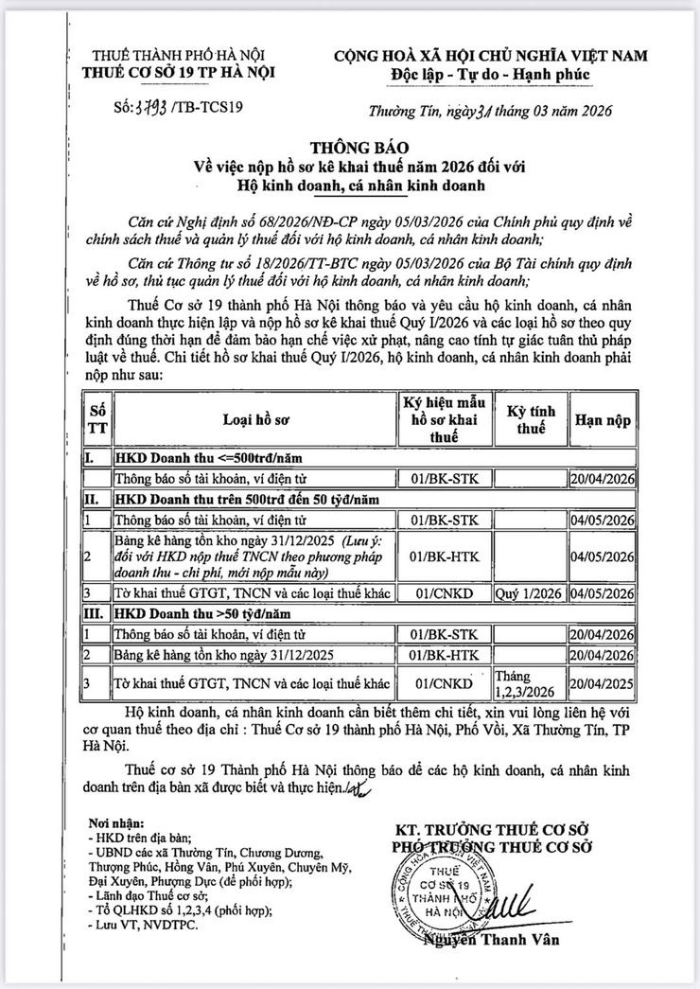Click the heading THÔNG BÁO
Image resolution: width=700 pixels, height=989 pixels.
350,148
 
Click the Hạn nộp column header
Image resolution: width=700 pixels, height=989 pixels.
602,418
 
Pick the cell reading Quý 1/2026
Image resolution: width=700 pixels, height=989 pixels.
529,593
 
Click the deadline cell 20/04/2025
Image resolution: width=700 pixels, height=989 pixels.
603,680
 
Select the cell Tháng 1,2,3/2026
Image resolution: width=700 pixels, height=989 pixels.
529,680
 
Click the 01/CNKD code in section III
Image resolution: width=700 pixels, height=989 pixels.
444,680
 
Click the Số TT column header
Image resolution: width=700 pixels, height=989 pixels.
96,418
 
